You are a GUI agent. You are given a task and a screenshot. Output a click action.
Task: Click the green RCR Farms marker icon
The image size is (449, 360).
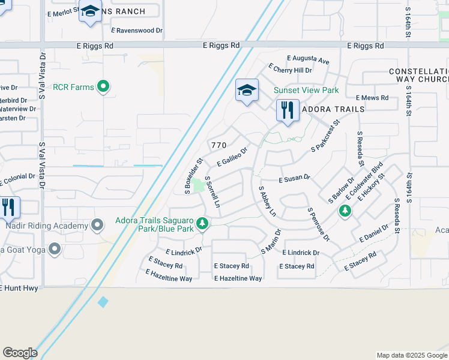point(104,87)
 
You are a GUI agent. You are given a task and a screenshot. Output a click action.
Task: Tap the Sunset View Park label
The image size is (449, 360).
point(306,90)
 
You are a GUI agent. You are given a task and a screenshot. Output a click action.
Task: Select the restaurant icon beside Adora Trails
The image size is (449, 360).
point(288,110)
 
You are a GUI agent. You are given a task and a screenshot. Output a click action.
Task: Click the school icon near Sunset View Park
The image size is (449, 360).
point(246,91)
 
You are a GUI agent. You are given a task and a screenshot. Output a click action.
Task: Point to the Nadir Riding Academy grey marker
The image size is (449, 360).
point(98,226)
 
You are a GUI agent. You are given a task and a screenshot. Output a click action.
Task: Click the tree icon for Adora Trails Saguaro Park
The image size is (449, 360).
point(203,224)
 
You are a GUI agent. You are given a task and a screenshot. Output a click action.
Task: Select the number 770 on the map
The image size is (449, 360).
point(218,145)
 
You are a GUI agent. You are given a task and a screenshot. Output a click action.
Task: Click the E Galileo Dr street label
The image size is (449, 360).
point(232,158)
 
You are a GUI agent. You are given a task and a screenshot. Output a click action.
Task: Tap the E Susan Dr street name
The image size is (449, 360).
point(294,178)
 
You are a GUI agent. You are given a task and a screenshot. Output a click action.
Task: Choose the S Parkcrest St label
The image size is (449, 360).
point(325,134)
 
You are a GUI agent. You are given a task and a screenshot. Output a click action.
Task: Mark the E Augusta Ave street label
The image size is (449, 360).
point(308,60)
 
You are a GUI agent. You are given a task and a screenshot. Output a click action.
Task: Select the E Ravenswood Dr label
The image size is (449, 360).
point(137,29)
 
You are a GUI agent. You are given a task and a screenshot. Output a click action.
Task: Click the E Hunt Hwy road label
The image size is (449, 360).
point(20,288)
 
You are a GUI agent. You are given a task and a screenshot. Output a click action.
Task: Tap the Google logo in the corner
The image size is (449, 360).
point(20,353)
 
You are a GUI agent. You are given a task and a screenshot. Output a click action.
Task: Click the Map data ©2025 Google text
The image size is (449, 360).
point(411,355)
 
